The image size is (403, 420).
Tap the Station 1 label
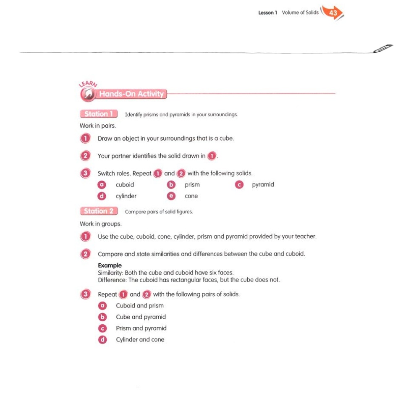tap(99, 114)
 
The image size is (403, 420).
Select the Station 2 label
tap(99, 211)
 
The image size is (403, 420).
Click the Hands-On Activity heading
tap(131, 94)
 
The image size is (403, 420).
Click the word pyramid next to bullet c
tap(263, 184)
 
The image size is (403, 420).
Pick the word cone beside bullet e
tap(191, 196)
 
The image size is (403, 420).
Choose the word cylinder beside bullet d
tap(126, 196)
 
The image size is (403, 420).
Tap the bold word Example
tap(110, 265)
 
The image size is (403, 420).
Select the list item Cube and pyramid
tap(141, 317)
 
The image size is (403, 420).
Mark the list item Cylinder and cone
tap(140, 340)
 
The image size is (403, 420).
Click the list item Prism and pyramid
tap(141, 328)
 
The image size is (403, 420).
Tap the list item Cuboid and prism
tap(140, 306)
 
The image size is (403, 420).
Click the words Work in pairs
tap(98, 126)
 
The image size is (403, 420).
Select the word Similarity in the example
tap(110, 273)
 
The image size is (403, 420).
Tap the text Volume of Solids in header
tap(300, 13)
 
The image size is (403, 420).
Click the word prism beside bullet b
tap(192, 185)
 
